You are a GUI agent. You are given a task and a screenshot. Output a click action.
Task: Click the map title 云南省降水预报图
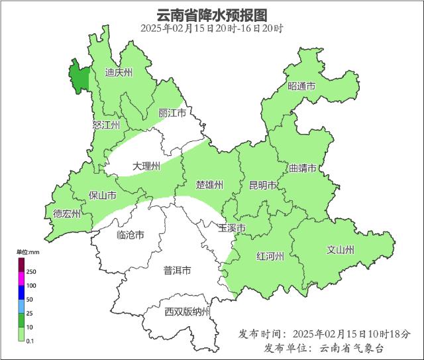pyautogui.click(x=212, y=15)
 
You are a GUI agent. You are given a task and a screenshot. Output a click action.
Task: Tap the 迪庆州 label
pyautogui.click(x=119, y=72)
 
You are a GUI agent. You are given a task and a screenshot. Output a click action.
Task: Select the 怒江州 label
pyautogui.click(x=106, y=125)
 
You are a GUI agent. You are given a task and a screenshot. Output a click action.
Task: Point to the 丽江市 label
pyautogui.click(x=172, y=114)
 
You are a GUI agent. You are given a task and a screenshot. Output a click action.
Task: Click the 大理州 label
pyautogui.click(x=146, y=166)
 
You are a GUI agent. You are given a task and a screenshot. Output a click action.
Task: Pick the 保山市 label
pyautogui.click(x=103, y=196)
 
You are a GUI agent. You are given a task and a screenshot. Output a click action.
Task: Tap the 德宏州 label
pyautogui.click(x=67, y=213)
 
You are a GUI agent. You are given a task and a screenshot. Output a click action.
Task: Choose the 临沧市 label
pyautogui.click(x=130, y=235)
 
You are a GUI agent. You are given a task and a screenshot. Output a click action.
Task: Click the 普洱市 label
pyautogui.click(x=178, y=270)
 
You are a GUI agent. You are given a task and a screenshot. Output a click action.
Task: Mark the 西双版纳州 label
pyautogui.click(x=187, y=312)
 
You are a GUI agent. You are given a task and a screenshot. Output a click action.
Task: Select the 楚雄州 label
pyautogui.click(x=209, y=184)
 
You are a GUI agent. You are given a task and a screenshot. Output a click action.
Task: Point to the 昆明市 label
pyautogui.click(x=262, y=185)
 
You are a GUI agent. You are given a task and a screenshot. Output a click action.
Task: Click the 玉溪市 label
pyautogui.click(x=232, y=229)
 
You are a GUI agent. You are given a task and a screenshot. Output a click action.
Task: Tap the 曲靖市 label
pyautogui.click(x=302, y=168)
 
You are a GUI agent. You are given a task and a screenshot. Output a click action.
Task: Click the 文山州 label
pyautogui.click(x=341, y=250)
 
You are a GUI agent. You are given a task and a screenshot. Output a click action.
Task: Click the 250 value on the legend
pyautogui.click(x=31, y=272)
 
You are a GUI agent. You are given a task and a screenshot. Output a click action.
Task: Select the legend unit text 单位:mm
pyautogui.click(x=28, y=252)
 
